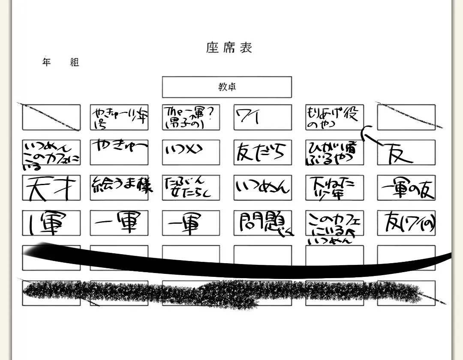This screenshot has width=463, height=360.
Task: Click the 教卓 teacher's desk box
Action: tap(227, 87)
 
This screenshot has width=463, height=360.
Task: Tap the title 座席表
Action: tap(229, 48)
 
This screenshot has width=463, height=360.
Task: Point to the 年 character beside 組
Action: tap(47, 62)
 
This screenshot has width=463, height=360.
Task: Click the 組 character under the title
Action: tap(75, 63)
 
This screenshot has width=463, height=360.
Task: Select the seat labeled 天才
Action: tap(51, 188)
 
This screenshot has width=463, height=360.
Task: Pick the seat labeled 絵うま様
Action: tap(119, 187)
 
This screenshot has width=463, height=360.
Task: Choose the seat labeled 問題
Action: tap(262, 223)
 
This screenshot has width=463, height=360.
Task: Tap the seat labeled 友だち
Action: tap(262, 152)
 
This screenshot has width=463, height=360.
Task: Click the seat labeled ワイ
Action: tap(262, 117)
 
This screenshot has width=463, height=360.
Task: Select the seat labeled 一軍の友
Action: tap(406, 187)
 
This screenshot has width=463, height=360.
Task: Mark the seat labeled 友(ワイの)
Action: tap(406, 223)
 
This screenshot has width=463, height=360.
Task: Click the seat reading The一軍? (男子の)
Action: tap(191, 117)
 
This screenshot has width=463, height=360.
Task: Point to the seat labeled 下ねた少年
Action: tap(334, 187)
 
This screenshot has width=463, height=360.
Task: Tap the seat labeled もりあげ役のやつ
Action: tap(334, 117)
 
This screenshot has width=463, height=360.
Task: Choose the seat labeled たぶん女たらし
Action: tap(191, 187)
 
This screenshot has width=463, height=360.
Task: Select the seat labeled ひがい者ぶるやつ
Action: tap(334, 152)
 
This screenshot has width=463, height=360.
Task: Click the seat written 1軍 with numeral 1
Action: tap(51, 223)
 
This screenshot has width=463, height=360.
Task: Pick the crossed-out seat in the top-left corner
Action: tap(51, 117)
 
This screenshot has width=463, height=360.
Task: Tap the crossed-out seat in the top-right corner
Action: tap(406, 117)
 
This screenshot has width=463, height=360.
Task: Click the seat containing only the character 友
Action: tap(406, 152)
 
